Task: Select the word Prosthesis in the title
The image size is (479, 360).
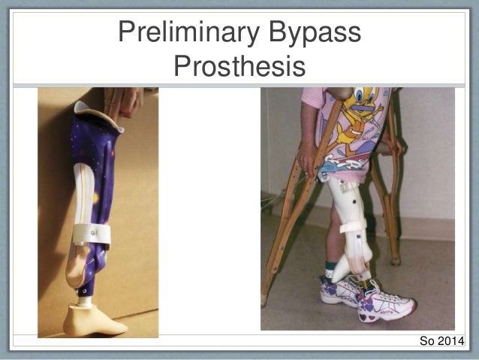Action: click(239, 66)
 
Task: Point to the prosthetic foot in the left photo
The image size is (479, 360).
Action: click(93, 319)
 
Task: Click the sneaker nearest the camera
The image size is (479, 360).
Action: click(387, 304)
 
